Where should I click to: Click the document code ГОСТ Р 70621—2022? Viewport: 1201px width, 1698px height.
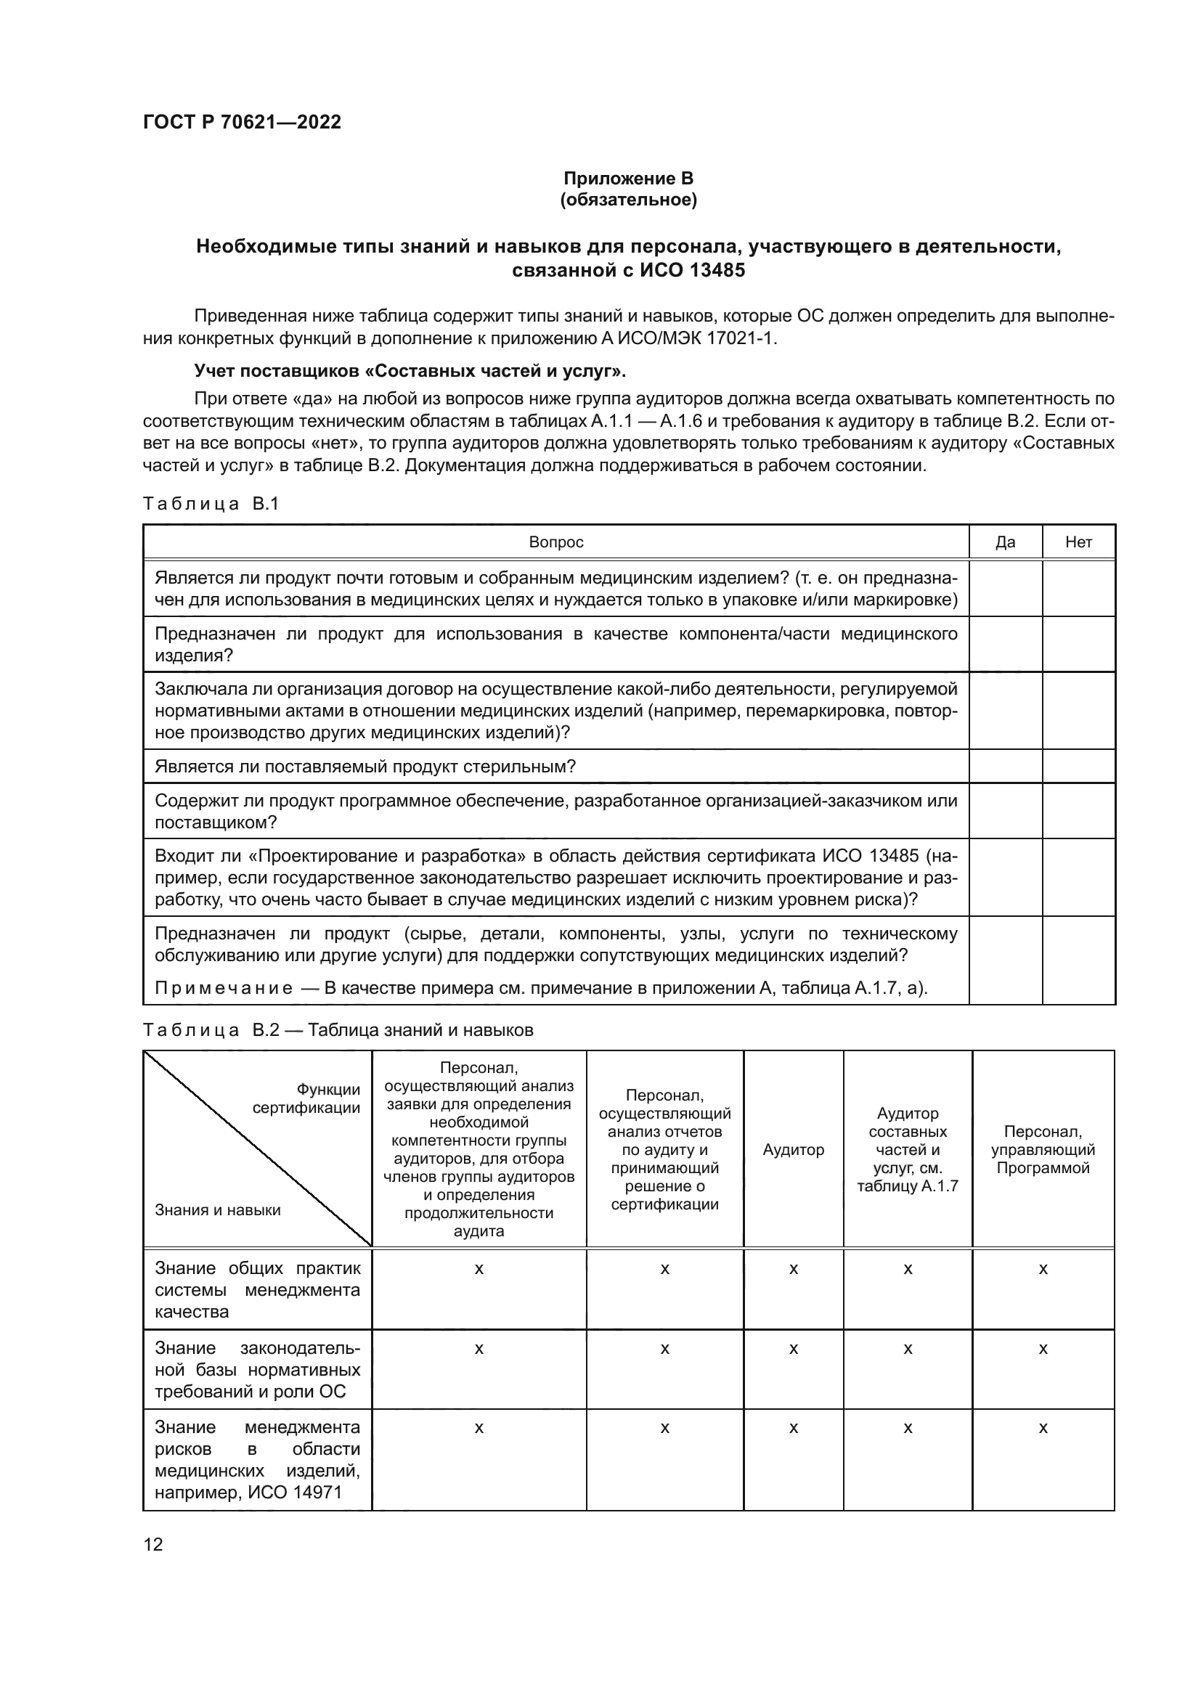pos(242,122)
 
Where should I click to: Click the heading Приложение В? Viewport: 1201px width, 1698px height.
pos(628,179)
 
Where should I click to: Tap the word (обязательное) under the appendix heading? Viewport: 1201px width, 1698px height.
pos(628,200)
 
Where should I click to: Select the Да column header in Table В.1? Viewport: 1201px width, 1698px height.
pos(1005,542)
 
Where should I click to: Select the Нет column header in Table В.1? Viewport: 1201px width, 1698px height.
pos(1078,542)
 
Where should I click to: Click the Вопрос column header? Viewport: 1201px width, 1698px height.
pos(555,542)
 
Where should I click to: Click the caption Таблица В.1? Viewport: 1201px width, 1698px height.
pos(211,504)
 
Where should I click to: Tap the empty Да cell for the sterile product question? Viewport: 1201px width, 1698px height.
pos(1005,766)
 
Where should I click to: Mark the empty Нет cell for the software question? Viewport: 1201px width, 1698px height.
pos(1078,811)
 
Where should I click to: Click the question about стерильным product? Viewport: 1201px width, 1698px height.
pos(365,766)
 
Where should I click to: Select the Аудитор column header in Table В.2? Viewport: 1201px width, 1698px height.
pos(793,1149)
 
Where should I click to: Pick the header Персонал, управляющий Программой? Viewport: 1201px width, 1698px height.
pos(1043,1149)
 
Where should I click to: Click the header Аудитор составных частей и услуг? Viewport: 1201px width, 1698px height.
pos(908,1149)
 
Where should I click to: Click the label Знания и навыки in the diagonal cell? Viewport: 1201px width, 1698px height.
pos(217,1210)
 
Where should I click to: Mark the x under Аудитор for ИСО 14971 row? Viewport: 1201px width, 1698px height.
pos(793,1428)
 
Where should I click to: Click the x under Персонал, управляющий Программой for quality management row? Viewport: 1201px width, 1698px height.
pos(1043,1269)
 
